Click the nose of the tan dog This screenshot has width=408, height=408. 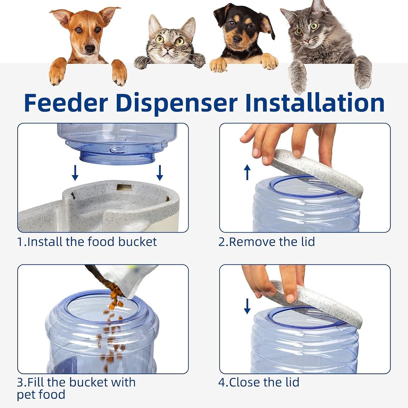[x=90, y=49]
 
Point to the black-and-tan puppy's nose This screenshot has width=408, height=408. [x=237, y=39]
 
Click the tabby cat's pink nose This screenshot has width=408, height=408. [x=168, y=49]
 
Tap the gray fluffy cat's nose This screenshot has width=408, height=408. [x=307, y=41]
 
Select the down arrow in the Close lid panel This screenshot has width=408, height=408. [x=247, y=306]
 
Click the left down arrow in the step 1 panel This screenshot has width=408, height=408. [x=75, y=173]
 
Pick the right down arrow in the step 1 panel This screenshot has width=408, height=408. [x=160, y=173]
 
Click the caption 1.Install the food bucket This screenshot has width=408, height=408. [x=87, y=242]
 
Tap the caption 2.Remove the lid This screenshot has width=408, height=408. [x=267, y=242]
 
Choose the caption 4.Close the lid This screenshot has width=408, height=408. [x=259, y=382]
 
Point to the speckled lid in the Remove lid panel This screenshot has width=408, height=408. [x=318, y=171]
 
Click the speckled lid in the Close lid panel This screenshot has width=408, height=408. [x=318, y=302]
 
